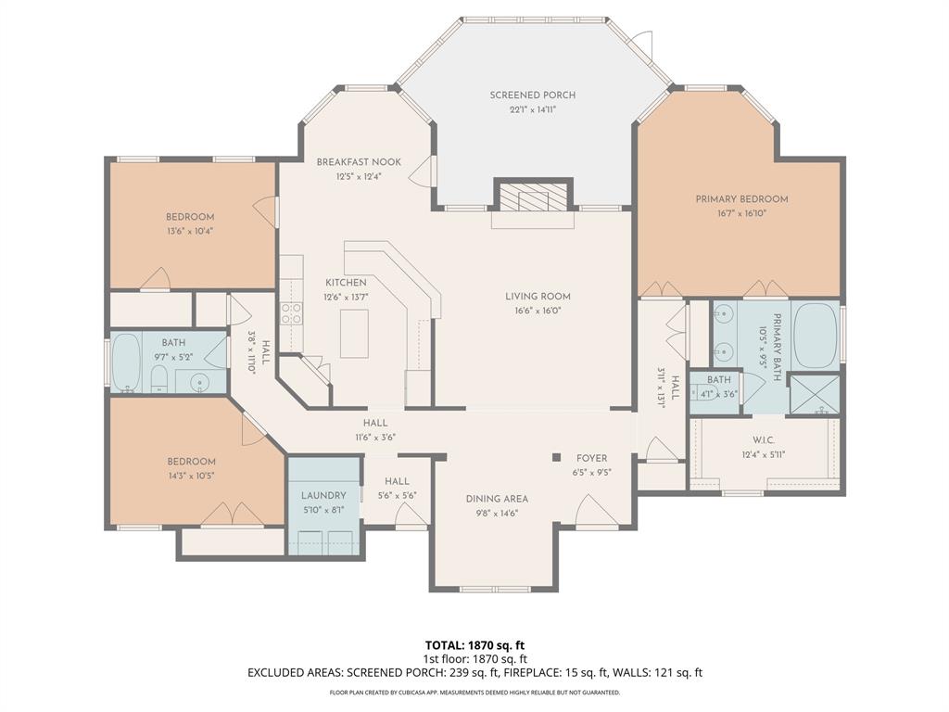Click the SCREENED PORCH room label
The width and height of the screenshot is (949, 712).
[x=533, y=95]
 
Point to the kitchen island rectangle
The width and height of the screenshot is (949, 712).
[x=353, y=333]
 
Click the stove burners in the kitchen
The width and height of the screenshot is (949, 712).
[x=291, y=313]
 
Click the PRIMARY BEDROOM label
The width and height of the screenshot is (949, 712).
[x=741, y=199]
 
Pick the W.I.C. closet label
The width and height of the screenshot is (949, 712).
[x=764, y=440]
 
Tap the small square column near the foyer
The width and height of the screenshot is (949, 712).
[x=556, y=456]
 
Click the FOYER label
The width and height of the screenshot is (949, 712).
[x=591, y=458]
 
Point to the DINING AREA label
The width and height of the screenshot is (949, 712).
[x=497, y=499]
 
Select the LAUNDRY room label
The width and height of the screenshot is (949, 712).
[x=323, y=496]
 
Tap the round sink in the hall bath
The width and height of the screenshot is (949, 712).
[x=201, y=381]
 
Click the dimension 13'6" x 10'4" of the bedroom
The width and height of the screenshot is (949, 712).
[x=190, y=231]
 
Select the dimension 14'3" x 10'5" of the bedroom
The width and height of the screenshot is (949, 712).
[x=192, y=476]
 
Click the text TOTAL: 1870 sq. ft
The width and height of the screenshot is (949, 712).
[x=474, y=644]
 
